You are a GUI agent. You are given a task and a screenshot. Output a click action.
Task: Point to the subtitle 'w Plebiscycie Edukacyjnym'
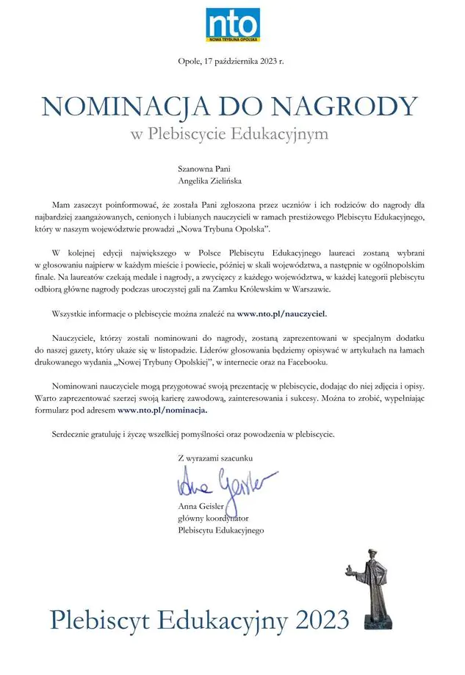(230, 135)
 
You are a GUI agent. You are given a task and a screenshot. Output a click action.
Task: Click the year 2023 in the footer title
(320, 621)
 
